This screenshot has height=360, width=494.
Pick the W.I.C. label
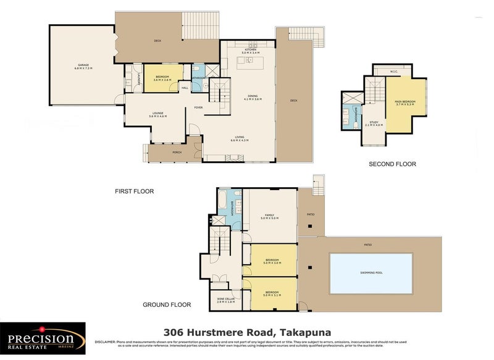394,71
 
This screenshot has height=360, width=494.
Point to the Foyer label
198,107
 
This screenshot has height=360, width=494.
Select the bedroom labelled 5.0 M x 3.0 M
272,261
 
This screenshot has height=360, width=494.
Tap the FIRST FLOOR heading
134,191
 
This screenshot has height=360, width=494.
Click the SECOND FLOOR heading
392,164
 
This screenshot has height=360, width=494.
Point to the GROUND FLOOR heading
167,304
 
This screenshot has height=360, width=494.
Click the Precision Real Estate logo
42,338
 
